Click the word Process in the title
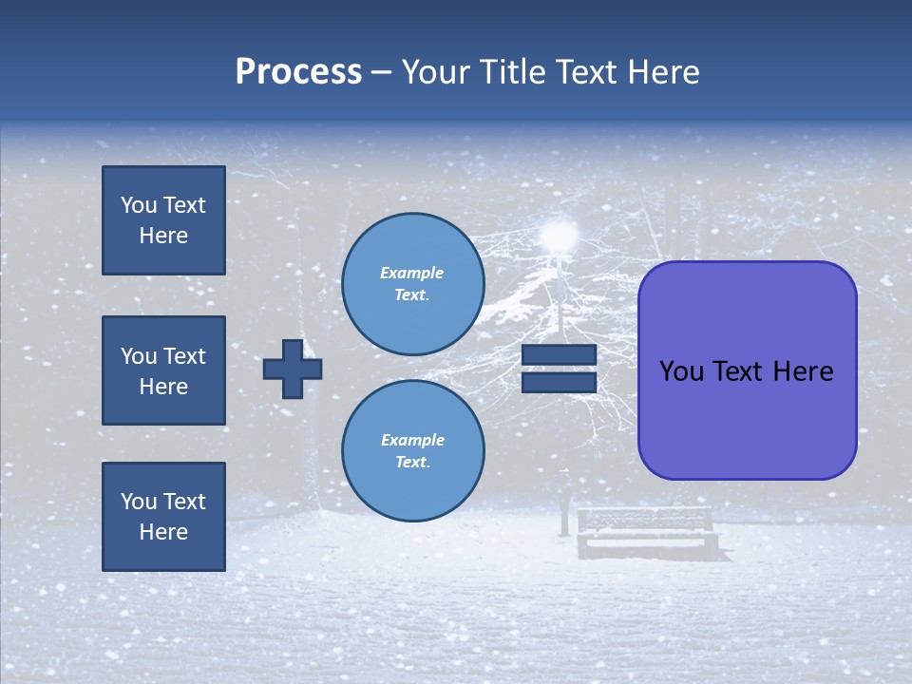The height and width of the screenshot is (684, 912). pyautogui.click(x=298, y=72)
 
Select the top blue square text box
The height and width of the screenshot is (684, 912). pyautogui.click(x=163, y=220)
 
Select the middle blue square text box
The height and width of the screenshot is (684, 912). pyautogui.click(x=163, y=370)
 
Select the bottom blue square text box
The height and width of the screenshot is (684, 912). pyautogui.click(x=163, y=516)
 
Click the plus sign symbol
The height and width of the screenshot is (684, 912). pyautogui.click(x=293, y=369)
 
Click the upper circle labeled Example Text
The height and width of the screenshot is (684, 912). pyautogui.click(x=412, y=284)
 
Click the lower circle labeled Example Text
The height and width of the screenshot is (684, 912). pyautogui.click(x=412, y=450)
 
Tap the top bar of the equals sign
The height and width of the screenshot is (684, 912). pyautogui.click(x=559, y=355)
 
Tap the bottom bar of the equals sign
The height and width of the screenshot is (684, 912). pyautogui.click(x=559, y=382)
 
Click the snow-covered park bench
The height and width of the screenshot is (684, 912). pyautogui.click(x=646, y=532)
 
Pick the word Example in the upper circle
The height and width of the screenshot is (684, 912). pyautogui.click(x=411, y=273)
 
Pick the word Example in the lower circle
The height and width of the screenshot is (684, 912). pyautogui.click(x=411, y=440)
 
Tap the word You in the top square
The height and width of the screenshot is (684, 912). pyautogui.click(x=139, y=205)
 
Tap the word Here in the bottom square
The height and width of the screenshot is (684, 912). pyautogui.click(x=163, y=532)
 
